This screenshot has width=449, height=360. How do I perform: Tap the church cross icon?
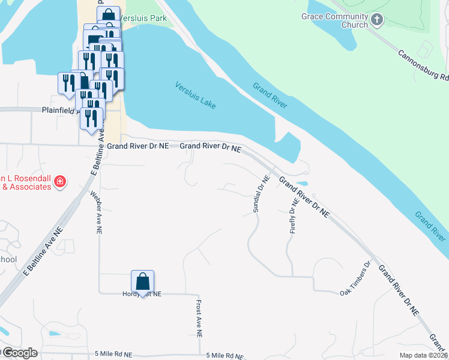point(377,20)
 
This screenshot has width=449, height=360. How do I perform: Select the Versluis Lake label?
point(196,95)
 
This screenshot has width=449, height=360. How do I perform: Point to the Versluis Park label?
point(143,18)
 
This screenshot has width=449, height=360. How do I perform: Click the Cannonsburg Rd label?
point(423,65)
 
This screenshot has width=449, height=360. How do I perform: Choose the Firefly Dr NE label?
point(294,218)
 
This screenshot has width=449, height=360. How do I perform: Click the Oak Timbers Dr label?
point(357,280)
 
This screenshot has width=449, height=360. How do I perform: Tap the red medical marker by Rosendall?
point(59,181)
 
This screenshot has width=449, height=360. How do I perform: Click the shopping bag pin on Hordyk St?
point(143,281)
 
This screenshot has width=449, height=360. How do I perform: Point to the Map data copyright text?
point(423,355)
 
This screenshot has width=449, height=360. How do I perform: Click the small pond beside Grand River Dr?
point(302,183)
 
